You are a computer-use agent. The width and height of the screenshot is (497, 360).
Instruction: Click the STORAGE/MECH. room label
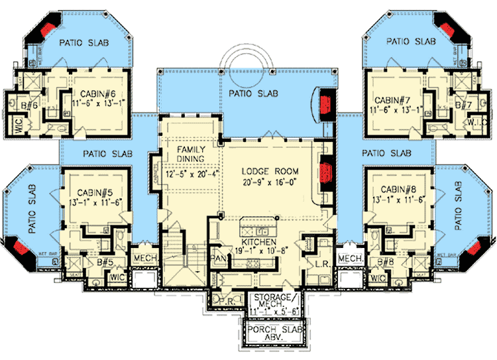(x=270, y=300)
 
